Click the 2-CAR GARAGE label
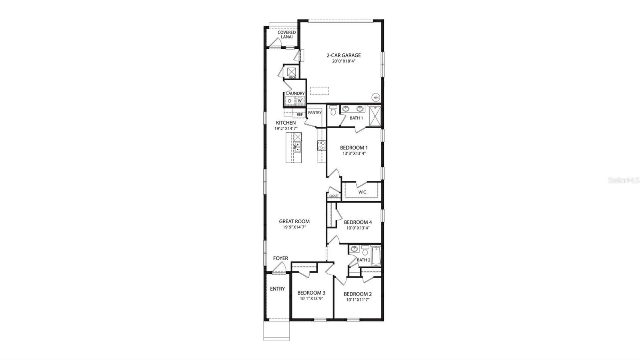click(x=343, y=55)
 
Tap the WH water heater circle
click(x=376, y=97)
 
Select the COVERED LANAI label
click(x=286, y=34)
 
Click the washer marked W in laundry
click(x=299, y=101)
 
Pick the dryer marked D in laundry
click(x=290, y=101)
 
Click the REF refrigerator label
click(x=300, y=115)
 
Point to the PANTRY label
click(x=314, y=113)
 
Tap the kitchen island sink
click(x=297, y=147)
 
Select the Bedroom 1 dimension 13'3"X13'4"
click(x=354, y=153)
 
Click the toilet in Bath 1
click(x=333, y=111)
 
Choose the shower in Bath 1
click(x=375, y=115)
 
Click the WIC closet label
click(x=362, y=192)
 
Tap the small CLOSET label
click(x=334, y=196)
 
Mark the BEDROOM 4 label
click(x=358, y=222)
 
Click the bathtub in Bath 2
click(x=376, y=256)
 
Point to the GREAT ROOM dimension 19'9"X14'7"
click(x=294, y=227)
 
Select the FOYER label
click(x=280, y=258)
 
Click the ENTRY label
click(x=277, y=289)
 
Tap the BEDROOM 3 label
click(x=311, y=293)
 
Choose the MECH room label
click(x=292, y=77)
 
